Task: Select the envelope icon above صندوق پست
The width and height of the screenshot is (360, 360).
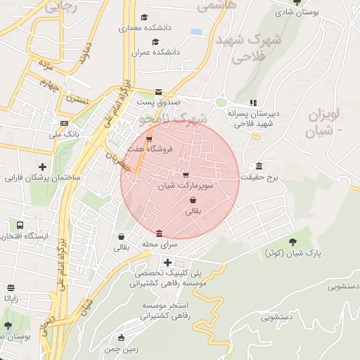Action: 158,92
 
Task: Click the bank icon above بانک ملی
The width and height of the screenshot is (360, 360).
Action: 65,124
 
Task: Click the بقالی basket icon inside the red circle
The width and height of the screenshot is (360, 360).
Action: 193,200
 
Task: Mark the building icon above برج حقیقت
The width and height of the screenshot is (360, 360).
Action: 259,167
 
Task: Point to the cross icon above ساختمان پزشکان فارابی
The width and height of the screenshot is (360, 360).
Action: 44,167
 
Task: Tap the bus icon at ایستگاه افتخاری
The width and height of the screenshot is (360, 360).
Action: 20,226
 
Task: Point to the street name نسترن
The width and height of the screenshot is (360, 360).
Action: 78,99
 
